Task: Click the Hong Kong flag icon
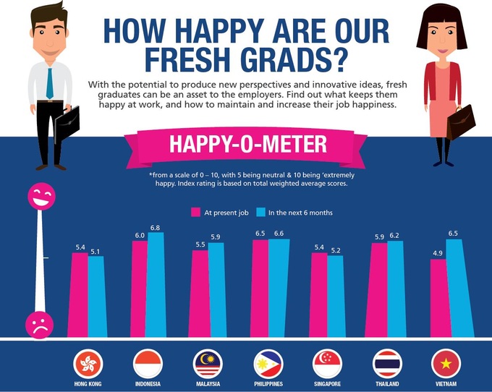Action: click(x=88, y=363)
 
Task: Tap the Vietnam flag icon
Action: click(x=446, y=363)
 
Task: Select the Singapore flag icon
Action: click(x=327, y=363)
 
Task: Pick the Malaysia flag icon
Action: click(x=208, y=363)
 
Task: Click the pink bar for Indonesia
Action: click(x=139, y=289)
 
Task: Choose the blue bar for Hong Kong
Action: click(x=96, y=297)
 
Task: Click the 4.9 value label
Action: click(x=437, y=253)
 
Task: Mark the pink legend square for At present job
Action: click(x=195, y=213)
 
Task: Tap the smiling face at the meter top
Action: click(x=40, y=197)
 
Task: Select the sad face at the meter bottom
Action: click(x=38, y=323)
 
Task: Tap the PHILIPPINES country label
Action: click(x=268, y=384)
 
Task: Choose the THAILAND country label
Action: click(x=386, y=384)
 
